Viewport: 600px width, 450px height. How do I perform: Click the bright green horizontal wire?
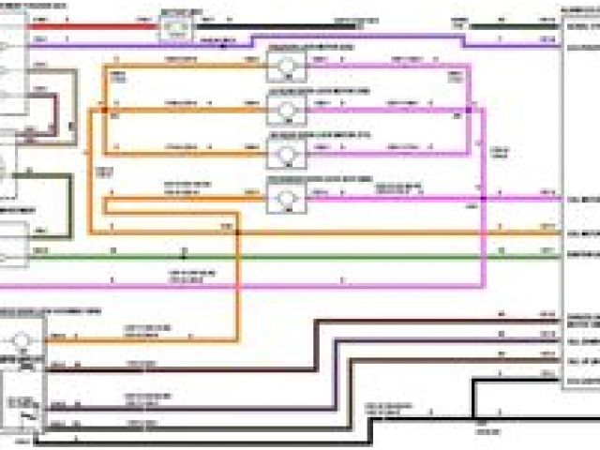(x=281, y=255)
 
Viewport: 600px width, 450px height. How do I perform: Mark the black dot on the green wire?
(x=184, y=254)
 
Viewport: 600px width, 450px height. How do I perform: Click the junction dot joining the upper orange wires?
(x=106, y=110)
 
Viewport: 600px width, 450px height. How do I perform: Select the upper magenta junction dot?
(x=468, y=110)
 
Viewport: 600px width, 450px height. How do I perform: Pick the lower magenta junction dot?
(x=483, y=198)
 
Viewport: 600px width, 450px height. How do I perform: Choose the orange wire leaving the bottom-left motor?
(x=141, y=338)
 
